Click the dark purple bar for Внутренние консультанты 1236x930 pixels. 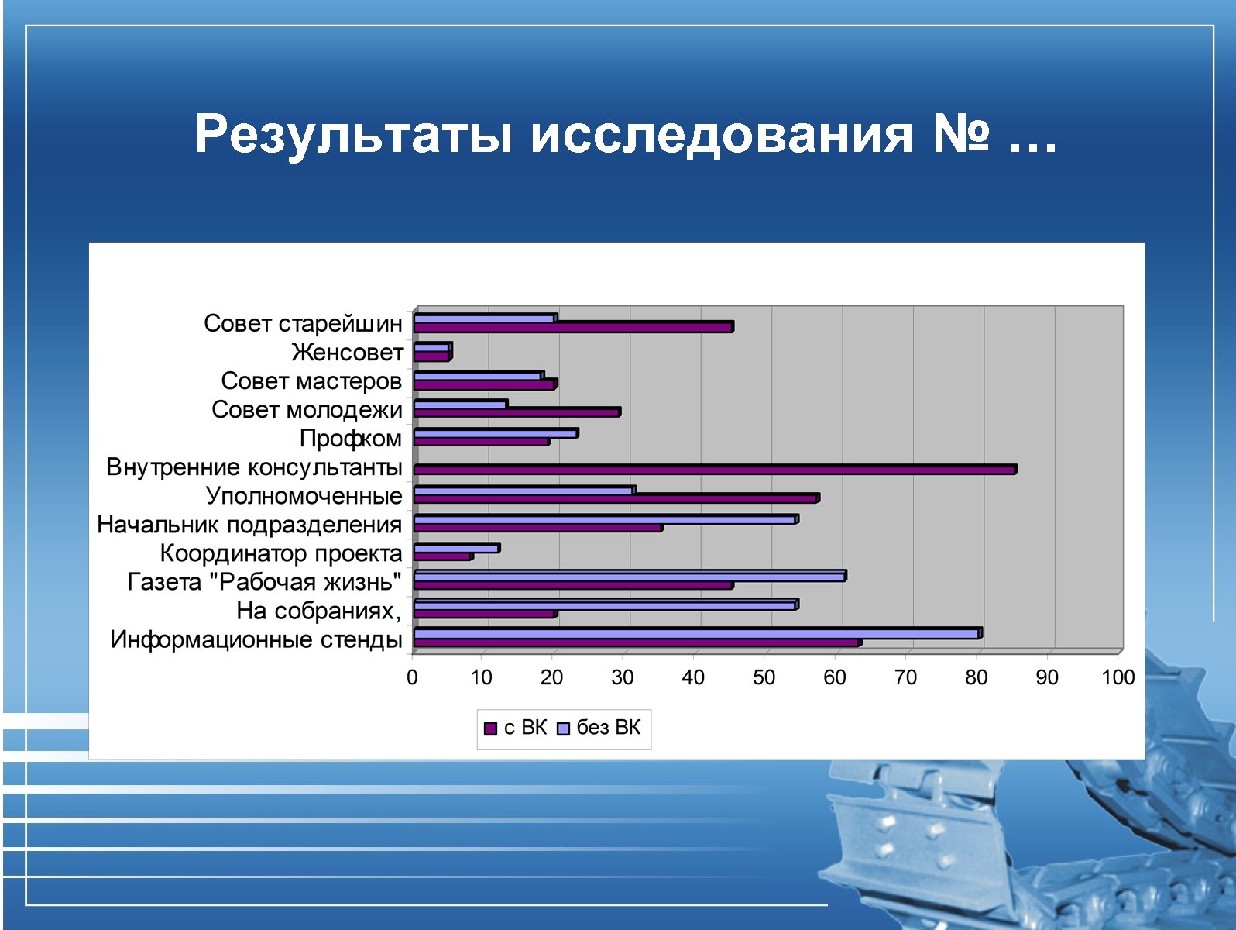(x=714, y=470)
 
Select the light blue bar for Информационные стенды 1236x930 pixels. (x=697, y=633)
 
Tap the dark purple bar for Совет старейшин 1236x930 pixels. (x=573, y=327)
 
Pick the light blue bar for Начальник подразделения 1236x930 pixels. (x=606, y=519)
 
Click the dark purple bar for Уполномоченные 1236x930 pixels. (x=616, y=498)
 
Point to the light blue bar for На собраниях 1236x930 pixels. (x=606, y=604)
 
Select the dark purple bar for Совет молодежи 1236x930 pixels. (x=517, y=412)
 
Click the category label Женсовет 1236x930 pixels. (x=347, y=353)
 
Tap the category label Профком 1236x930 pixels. (x=351, y=439)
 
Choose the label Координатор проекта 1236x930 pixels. (x=281, y=553)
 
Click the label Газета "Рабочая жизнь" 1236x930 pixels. (x=265, y=582)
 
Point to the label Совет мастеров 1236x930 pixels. (x=311, y=381)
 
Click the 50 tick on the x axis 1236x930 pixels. (x=764, y=677)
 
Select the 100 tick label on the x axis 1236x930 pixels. (x=1118, y=677)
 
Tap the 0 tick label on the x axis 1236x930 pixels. (x=412, y=677)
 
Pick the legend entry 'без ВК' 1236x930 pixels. (x=599, y=728)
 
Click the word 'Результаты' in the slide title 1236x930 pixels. (x=353, y=133)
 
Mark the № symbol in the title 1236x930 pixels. (x=961, y=133)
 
